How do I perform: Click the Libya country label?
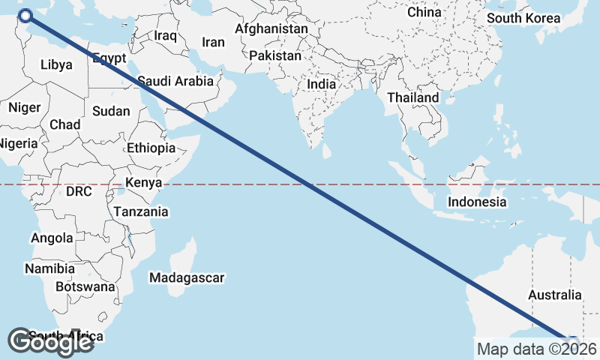click(x=56, y=64)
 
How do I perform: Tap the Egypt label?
click(x=109, y=58)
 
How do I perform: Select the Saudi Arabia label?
click(x=176, y=80)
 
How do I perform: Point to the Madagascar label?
click(x=187, y=278)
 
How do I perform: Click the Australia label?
click(x=554, y=295)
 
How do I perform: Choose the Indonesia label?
click(x=477, y=202)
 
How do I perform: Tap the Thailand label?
click(x=412, y=98)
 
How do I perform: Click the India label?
click(x=321, y=85)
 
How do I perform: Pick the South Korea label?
click(x=523, y=18)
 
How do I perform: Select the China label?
click(x=424, y=13)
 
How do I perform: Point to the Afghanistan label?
click(x=271, y=28)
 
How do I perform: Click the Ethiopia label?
click(x=151, y=148)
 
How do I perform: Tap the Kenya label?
click(x=144, y=183)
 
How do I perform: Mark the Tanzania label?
click(x=141, y=211)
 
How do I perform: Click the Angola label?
click(x=52, y=238)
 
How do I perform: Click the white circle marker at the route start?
click(x=25, y=15)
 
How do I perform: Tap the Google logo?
click(x=50, y=342)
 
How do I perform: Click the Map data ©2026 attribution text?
click(x=537, y=349)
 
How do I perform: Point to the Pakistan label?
click(x=275, y=56)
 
